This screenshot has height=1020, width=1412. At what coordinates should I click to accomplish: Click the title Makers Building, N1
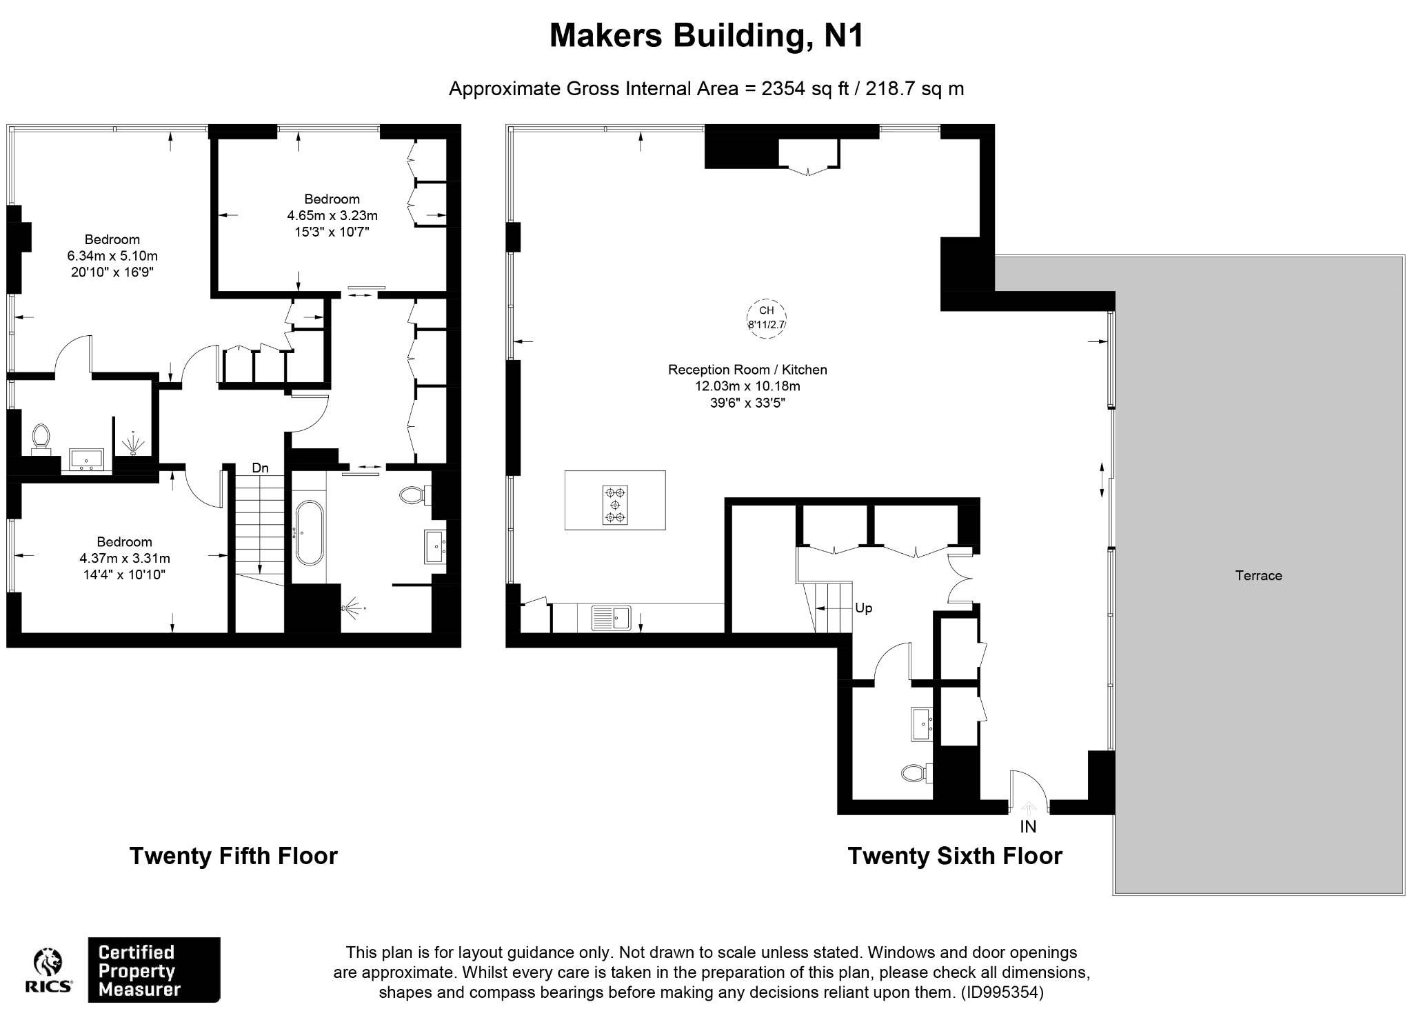point(706,37)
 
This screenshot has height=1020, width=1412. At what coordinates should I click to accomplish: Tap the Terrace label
point(1258,575)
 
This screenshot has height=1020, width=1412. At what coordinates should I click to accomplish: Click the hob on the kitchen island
point(615,505)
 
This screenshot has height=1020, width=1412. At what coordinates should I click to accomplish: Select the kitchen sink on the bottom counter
point(611,617)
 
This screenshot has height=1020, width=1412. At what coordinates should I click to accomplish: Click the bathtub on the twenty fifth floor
point(308,532)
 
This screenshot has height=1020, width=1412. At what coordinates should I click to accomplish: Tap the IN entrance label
point(1028,826)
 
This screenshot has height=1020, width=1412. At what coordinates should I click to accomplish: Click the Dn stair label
point(260,468)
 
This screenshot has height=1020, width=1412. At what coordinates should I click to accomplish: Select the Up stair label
point(863,608)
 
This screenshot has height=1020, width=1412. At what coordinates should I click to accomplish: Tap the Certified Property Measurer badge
point(154,970)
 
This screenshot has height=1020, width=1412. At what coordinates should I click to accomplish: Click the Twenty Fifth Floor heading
point(234,856)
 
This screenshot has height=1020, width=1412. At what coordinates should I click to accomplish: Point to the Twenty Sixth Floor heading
point(955,856)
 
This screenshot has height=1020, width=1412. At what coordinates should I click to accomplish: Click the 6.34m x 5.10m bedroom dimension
point(112,256)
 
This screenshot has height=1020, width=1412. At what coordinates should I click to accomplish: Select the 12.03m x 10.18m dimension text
point(747,386)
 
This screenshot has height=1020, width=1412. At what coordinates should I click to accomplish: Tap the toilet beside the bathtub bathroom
point(415,494)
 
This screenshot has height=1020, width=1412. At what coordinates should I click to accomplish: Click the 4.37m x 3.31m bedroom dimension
point(125,558)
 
